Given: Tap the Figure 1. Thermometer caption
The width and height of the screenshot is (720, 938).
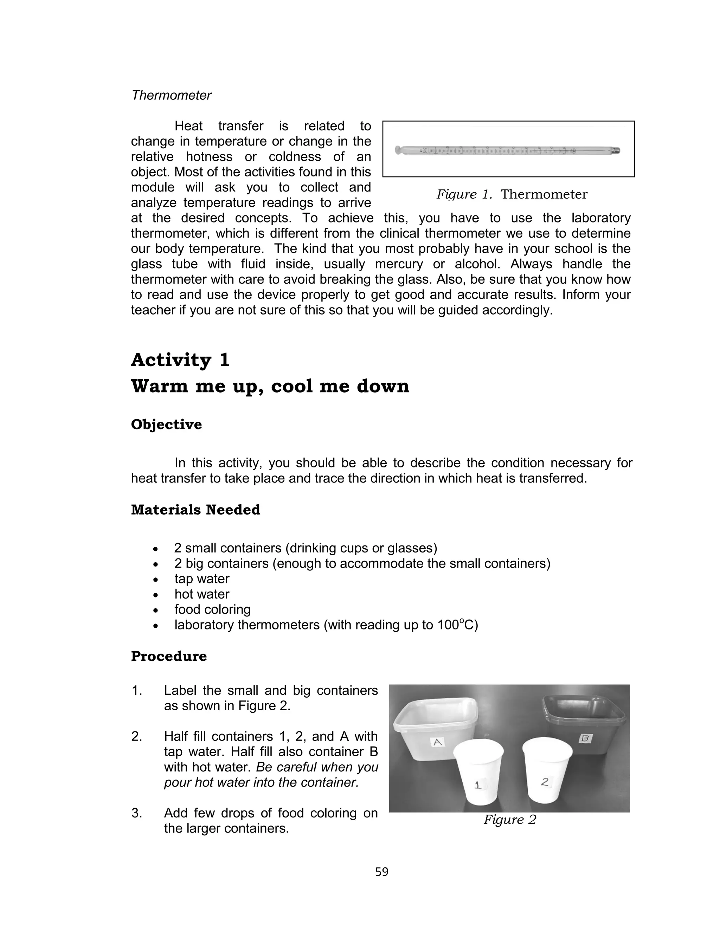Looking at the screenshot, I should coord(512,194).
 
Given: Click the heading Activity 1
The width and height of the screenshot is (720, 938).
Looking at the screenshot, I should coord(180,360).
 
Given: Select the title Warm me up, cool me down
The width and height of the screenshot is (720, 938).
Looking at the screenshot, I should coord(270,386).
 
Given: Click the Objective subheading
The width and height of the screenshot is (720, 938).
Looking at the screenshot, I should coord(166,425).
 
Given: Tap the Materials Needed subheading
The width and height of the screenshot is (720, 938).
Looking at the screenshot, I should coord(195,510).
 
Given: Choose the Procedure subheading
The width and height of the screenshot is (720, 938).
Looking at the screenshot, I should coord(169,656).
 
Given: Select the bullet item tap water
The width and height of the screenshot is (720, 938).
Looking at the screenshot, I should coord(202,578).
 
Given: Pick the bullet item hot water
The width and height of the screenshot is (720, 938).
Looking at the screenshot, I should coord(202,594).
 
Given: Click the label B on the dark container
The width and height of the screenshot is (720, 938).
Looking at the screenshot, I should coord(585,738).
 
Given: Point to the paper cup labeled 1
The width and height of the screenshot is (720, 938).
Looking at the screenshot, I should coord(478,777).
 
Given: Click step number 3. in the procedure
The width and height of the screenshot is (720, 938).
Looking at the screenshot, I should coord(136,813).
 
